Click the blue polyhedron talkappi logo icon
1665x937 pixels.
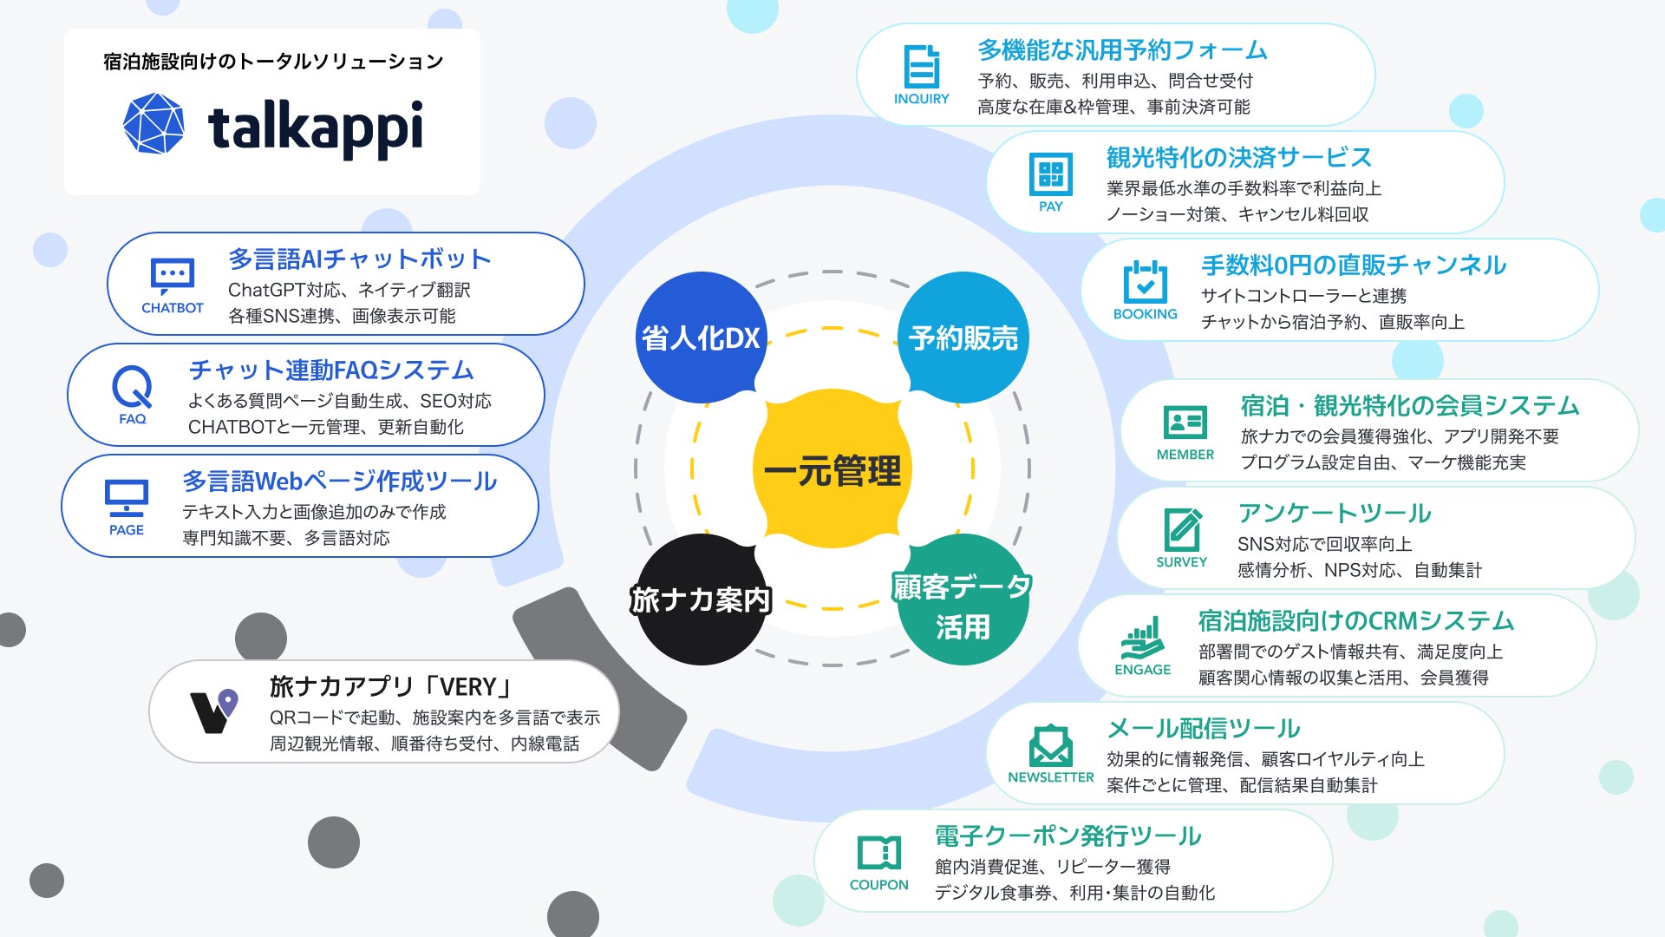153,123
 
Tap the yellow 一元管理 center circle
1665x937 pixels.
832,469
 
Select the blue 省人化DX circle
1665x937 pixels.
701,337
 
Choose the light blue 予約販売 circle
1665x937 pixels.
963,337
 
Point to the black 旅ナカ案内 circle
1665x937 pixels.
701,600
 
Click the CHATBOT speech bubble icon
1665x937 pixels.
172,276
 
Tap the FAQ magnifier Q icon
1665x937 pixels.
133,387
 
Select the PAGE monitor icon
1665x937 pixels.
127,498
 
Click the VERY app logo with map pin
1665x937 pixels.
213,711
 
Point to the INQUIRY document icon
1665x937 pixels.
921,66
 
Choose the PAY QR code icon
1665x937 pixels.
1050,174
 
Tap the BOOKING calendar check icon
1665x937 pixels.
1145,281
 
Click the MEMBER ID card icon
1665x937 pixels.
1185,423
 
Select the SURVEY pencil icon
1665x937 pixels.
1182,529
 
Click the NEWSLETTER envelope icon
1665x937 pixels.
1050,745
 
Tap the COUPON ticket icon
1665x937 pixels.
878,853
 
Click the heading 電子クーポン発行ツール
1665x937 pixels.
1068,835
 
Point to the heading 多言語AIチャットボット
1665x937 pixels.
359,259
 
